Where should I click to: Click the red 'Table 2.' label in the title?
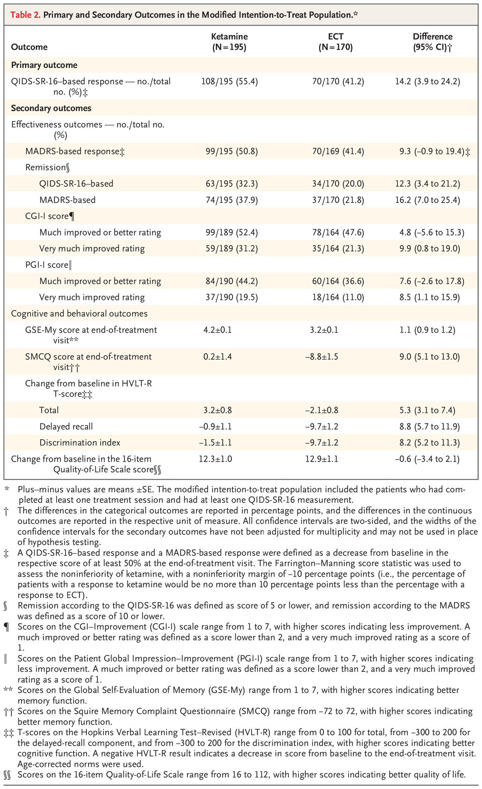pyautogui.click(x=25, y=15)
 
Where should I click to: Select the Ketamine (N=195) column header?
pyautogui.click(x=229, y=42)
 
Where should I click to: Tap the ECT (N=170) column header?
pyautogui.click(x=335, y=42)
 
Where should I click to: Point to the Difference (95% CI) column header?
pyautogui.click(x=433, y=42)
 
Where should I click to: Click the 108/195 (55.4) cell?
pyautogui.click(x=229, y=82)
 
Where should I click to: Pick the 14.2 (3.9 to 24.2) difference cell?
pyautogui.click(x=428, y=82)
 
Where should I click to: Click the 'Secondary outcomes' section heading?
pyautogui.click(x=51, y=108)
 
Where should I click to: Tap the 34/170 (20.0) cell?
pyautogui.click(x=338, y=184)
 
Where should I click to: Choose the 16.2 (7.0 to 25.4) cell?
pyautogui.click(x=428, y=200)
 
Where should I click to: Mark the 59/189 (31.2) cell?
pyautogui.click(x=229, y=249)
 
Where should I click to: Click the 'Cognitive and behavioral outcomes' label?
pyautogui.click(x=79, y=313)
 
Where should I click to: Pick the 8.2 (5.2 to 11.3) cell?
pyautogui.click(x=428, y=443)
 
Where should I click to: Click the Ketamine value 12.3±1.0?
pyautogui.click(x=215, y=459)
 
